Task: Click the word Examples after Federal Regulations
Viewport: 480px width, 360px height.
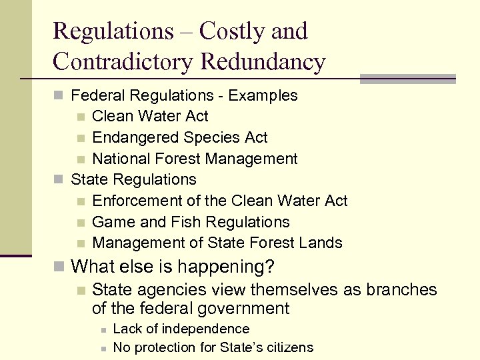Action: click(263, 95)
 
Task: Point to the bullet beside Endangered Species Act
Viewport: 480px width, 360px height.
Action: click(80, 138)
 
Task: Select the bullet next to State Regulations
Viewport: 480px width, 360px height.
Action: click(59, 180)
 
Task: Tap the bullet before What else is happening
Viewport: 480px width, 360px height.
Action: click(59, 267)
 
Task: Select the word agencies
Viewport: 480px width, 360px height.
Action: click(165, 290)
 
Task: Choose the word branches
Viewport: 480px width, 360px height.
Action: click(398, 290)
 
